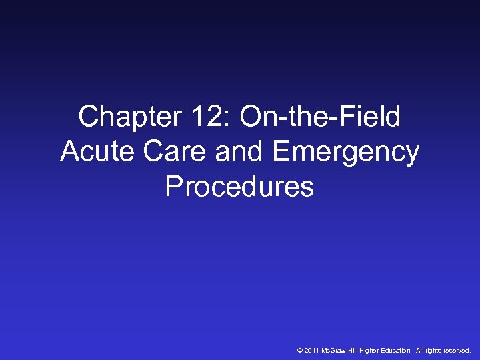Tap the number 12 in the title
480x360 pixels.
click(x=197, y=118)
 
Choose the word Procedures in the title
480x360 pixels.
click(x=239, y=187)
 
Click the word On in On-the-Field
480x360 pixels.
click(x=261, y=118)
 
